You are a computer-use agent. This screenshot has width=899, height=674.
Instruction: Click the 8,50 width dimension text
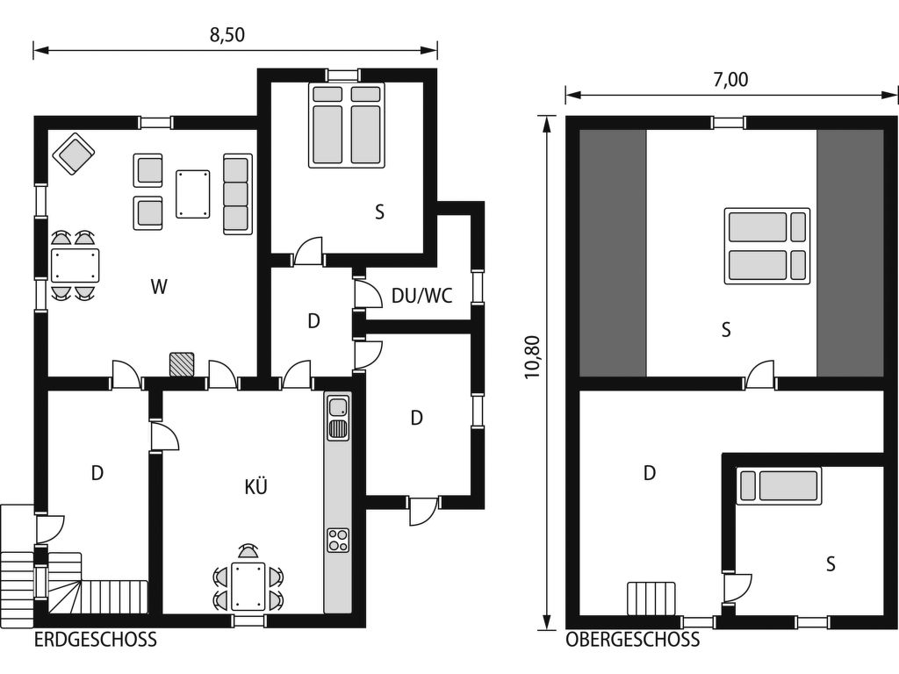pos(227,35)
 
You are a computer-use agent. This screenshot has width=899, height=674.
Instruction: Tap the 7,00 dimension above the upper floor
pos(730,80)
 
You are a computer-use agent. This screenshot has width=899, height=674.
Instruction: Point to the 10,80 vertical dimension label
pos(533,357)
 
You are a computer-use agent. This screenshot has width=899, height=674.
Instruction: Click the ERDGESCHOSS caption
pos(95,640)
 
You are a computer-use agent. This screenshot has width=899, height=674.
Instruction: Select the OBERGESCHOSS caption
pos(632,640)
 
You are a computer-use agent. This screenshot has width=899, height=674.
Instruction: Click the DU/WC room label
pos(422,296)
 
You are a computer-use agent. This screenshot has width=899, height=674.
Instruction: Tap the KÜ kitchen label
pos(255,486)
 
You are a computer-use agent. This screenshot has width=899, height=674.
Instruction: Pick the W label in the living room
pos(159,286)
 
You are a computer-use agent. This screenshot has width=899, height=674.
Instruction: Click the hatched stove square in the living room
pos(182,364)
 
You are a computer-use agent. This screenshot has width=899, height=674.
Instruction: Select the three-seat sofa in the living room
pos(238,194)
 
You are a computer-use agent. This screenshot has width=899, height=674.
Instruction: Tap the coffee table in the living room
pos(192,194)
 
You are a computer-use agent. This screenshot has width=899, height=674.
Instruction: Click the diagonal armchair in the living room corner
pos(74,154)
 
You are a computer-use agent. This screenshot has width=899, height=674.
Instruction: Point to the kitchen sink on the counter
pos(338,407)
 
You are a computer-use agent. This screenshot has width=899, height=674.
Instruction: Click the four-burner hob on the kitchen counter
pos(338,540)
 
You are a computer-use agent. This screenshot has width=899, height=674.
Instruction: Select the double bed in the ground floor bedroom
pos(346,125)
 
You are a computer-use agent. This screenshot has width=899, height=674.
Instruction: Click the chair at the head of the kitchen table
pos(248,551)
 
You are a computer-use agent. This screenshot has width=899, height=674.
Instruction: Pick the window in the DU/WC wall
pos(477,287)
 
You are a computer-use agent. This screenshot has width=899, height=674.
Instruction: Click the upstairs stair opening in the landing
pos(651,599)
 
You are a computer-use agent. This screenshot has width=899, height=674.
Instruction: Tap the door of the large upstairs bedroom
pos(760,376)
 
